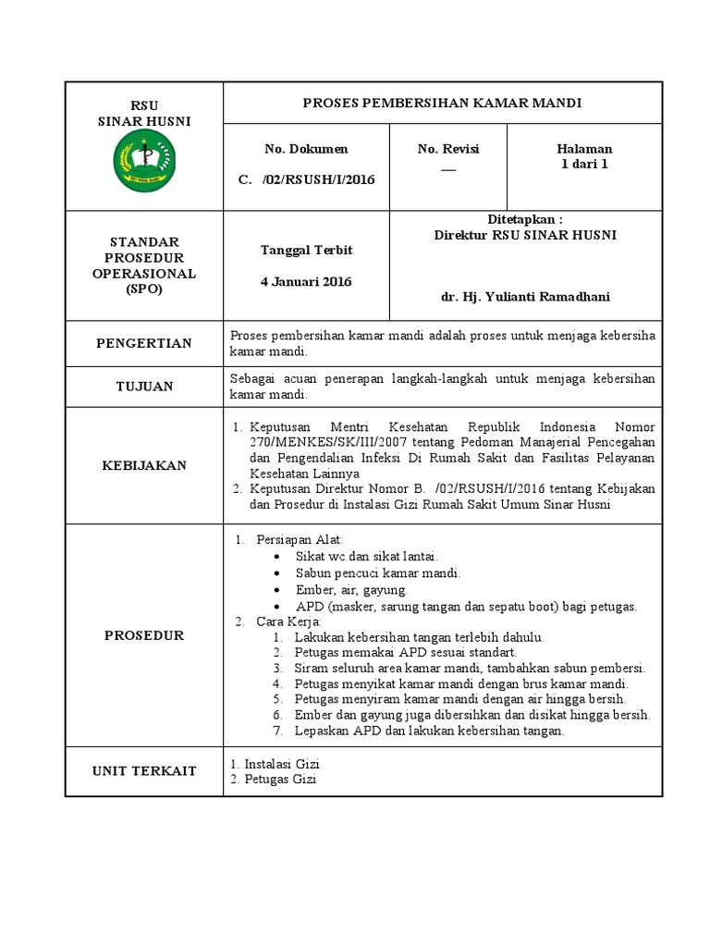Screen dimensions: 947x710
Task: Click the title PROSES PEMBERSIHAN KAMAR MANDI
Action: [443, 103]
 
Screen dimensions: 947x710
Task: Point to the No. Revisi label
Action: [448, 149]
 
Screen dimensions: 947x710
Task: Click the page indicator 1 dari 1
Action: [584, 164]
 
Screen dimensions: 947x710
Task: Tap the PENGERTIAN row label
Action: [144, 344]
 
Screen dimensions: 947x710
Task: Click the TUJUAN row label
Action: [144, 387]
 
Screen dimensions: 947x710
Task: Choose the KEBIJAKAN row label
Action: [144, 466]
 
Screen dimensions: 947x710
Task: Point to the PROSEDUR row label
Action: [144, 635]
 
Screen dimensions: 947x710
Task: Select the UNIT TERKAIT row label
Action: [144, 771]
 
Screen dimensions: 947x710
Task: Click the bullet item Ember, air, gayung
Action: [351, 590]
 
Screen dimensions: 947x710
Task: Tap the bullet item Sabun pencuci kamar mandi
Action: [377, 573]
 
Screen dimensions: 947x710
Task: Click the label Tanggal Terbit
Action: [306, 251]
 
